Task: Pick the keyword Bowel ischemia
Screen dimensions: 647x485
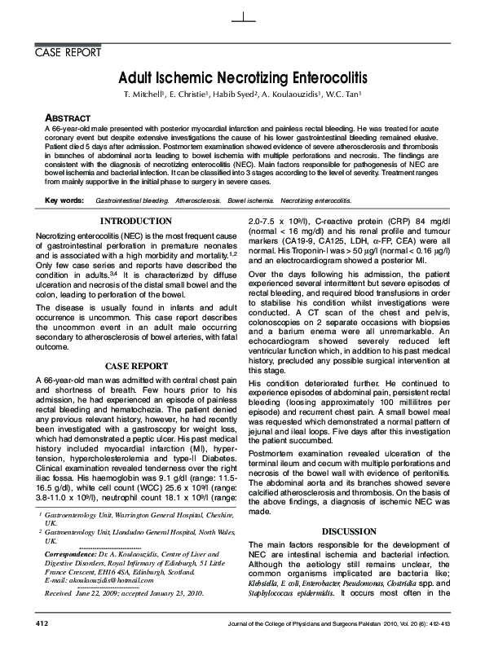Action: [251, 200]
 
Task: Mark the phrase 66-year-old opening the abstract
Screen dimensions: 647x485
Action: [69, 130]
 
